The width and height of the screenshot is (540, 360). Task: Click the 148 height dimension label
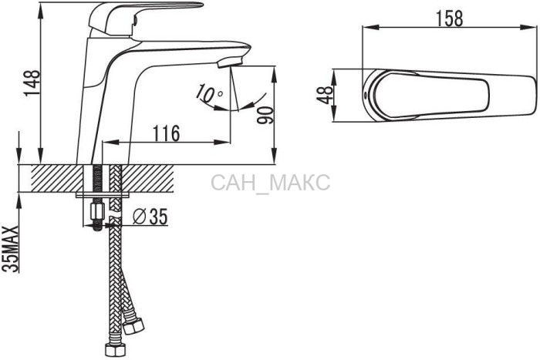click(32, 83)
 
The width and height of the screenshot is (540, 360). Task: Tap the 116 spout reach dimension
click(167, 133)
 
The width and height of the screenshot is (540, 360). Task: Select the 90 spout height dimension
click(265, 115)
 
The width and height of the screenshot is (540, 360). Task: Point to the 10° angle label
click(209, 94)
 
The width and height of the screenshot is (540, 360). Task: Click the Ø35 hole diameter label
click(150, 217)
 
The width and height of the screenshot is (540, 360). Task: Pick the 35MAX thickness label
click(10, 249)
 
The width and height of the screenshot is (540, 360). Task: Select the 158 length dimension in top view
click(450, 19)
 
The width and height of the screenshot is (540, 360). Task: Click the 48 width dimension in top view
click(325, 95)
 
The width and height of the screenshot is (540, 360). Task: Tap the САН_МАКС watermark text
click(270, 183)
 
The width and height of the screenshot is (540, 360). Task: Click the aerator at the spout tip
click(230, 62)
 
